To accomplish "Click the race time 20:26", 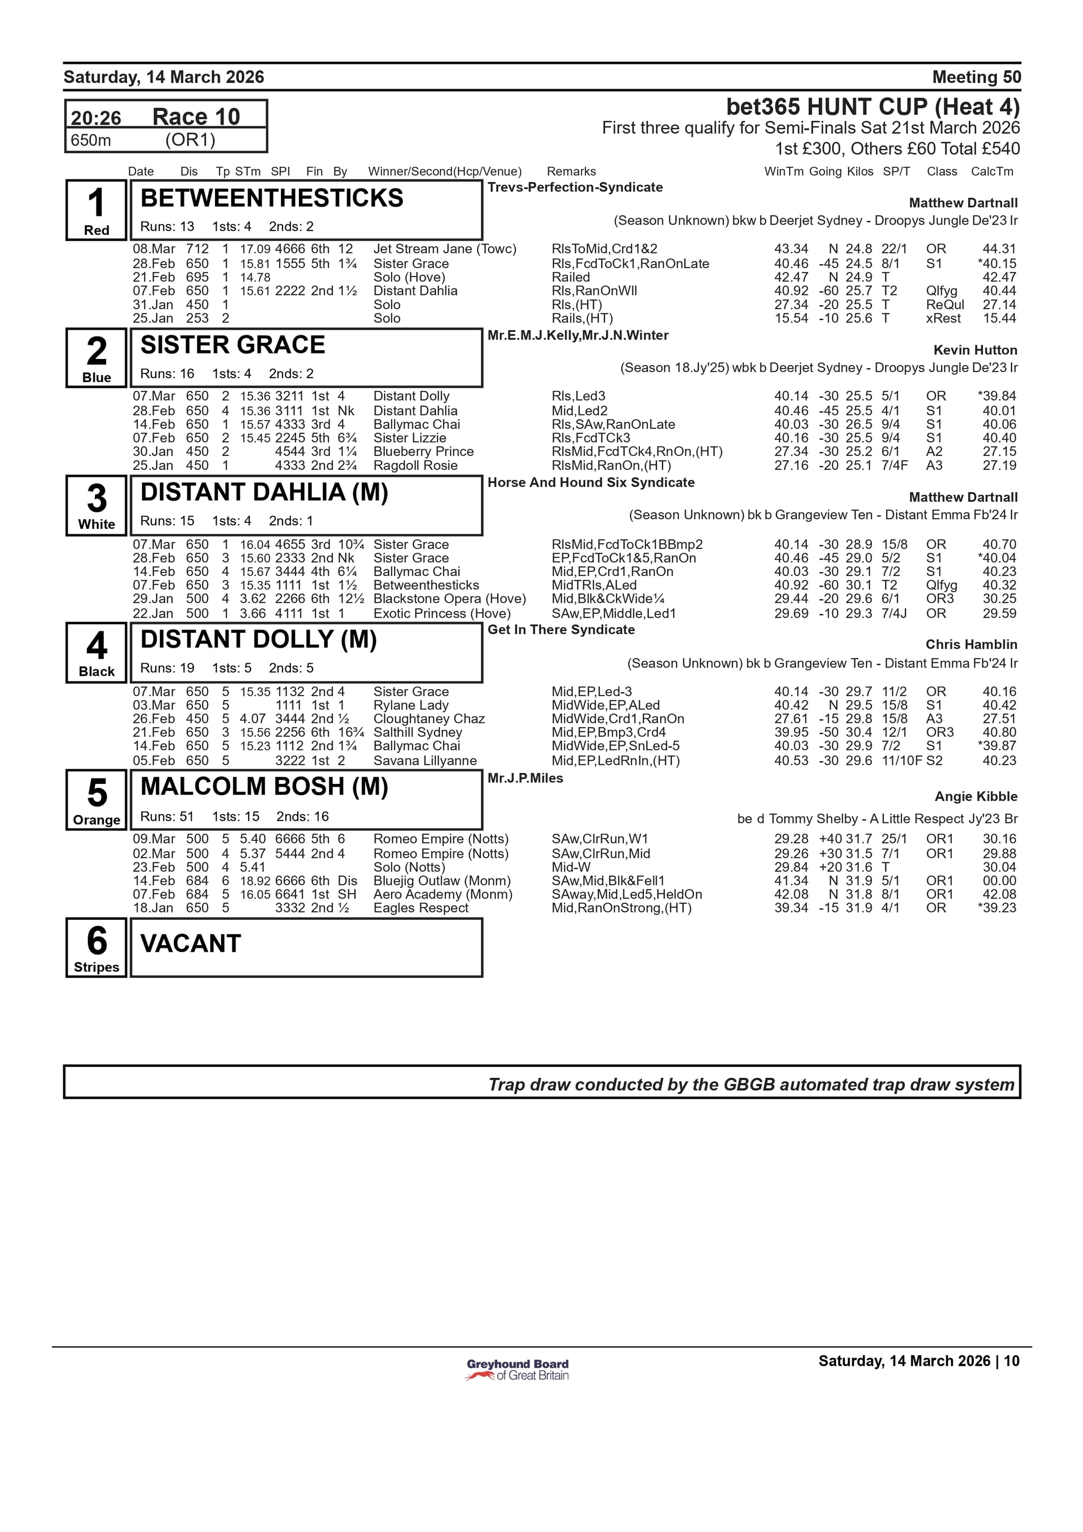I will [96, 118].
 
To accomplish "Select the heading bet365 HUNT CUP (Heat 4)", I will [872, 107].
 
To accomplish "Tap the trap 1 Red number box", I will [96, 210].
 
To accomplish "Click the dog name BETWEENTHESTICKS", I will [272, 198].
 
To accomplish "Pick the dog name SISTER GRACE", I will [232, 345].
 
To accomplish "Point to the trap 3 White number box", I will [96, 505].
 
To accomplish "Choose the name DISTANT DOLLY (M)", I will [258, 639].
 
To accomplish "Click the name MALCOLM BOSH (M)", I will [264, 787].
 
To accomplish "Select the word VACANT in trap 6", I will [190, 944].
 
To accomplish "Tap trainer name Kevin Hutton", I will [975, 350].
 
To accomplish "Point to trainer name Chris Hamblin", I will [971, 645].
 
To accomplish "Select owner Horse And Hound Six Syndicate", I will [591, 482].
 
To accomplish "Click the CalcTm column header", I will [991, 172].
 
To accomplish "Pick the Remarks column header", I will [571, 172].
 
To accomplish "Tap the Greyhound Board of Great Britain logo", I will [517, 1370].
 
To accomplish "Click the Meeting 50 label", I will [976, 77].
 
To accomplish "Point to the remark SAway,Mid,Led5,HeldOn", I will [627, 894].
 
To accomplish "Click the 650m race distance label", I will [91, 140].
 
